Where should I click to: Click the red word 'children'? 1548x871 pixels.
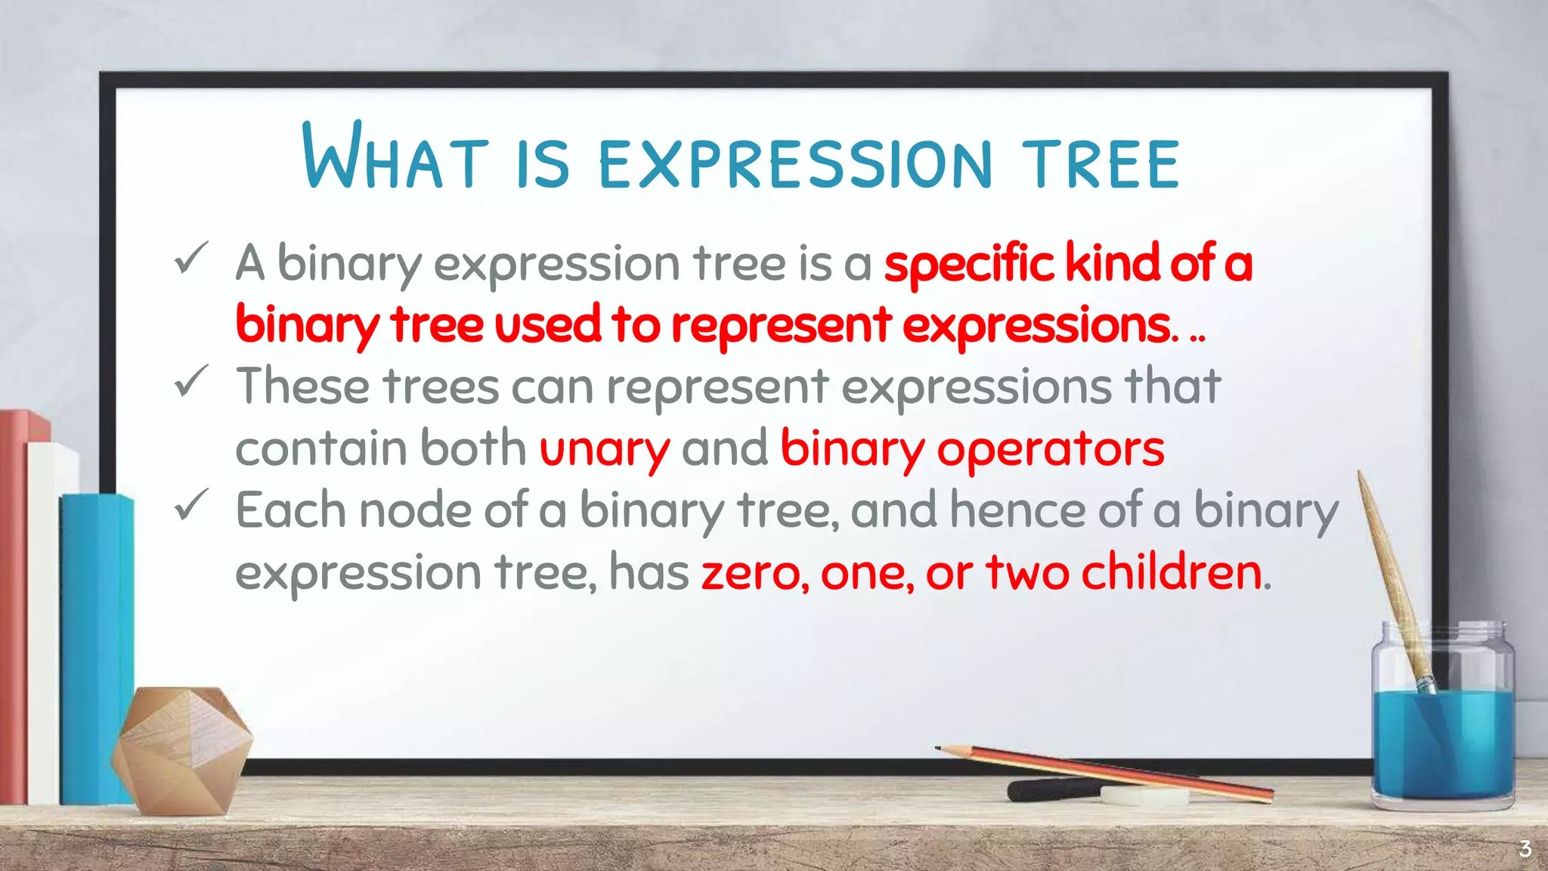click(x=1172, y=572)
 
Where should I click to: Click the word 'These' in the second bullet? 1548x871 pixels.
click(x=303, y=386)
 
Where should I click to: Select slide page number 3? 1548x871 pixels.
click(x=1525, y=849)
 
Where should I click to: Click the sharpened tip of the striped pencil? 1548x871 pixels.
click(x=940, y=749)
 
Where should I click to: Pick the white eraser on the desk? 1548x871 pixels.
click(x=1144, y=795)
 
